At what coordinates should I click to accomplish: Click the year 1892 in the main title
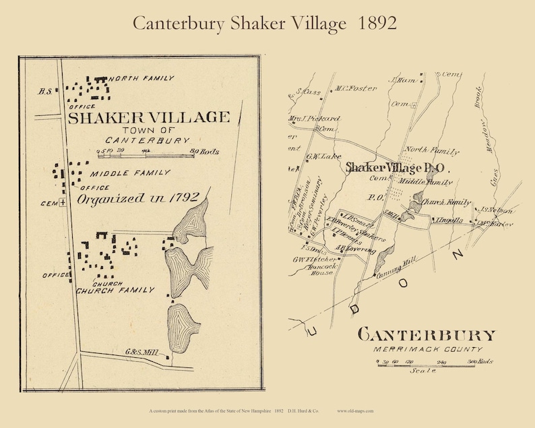pos(372,23)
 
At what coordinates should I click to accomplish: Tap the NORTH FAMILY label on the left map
pos(141,79)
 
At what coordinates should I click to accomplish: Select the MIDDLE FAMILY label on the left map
pos(129,173)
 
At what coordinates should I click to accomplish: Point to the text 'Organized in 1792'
pos(137,198)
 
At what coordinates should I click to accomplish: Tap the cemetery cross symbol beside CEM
pos(62,202)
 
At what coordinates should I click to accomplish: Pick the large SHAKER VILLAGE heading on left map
pos(148,118)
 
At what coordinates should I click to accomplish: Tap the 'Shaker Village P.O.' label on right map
pos(396,167)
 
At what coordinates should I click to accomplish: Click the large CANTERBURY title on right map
pos(427,335)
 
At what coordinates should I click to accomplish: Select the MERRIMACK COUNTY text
pos(429,349)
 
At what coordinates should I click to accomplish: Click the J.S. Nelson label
pos(497,211)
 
